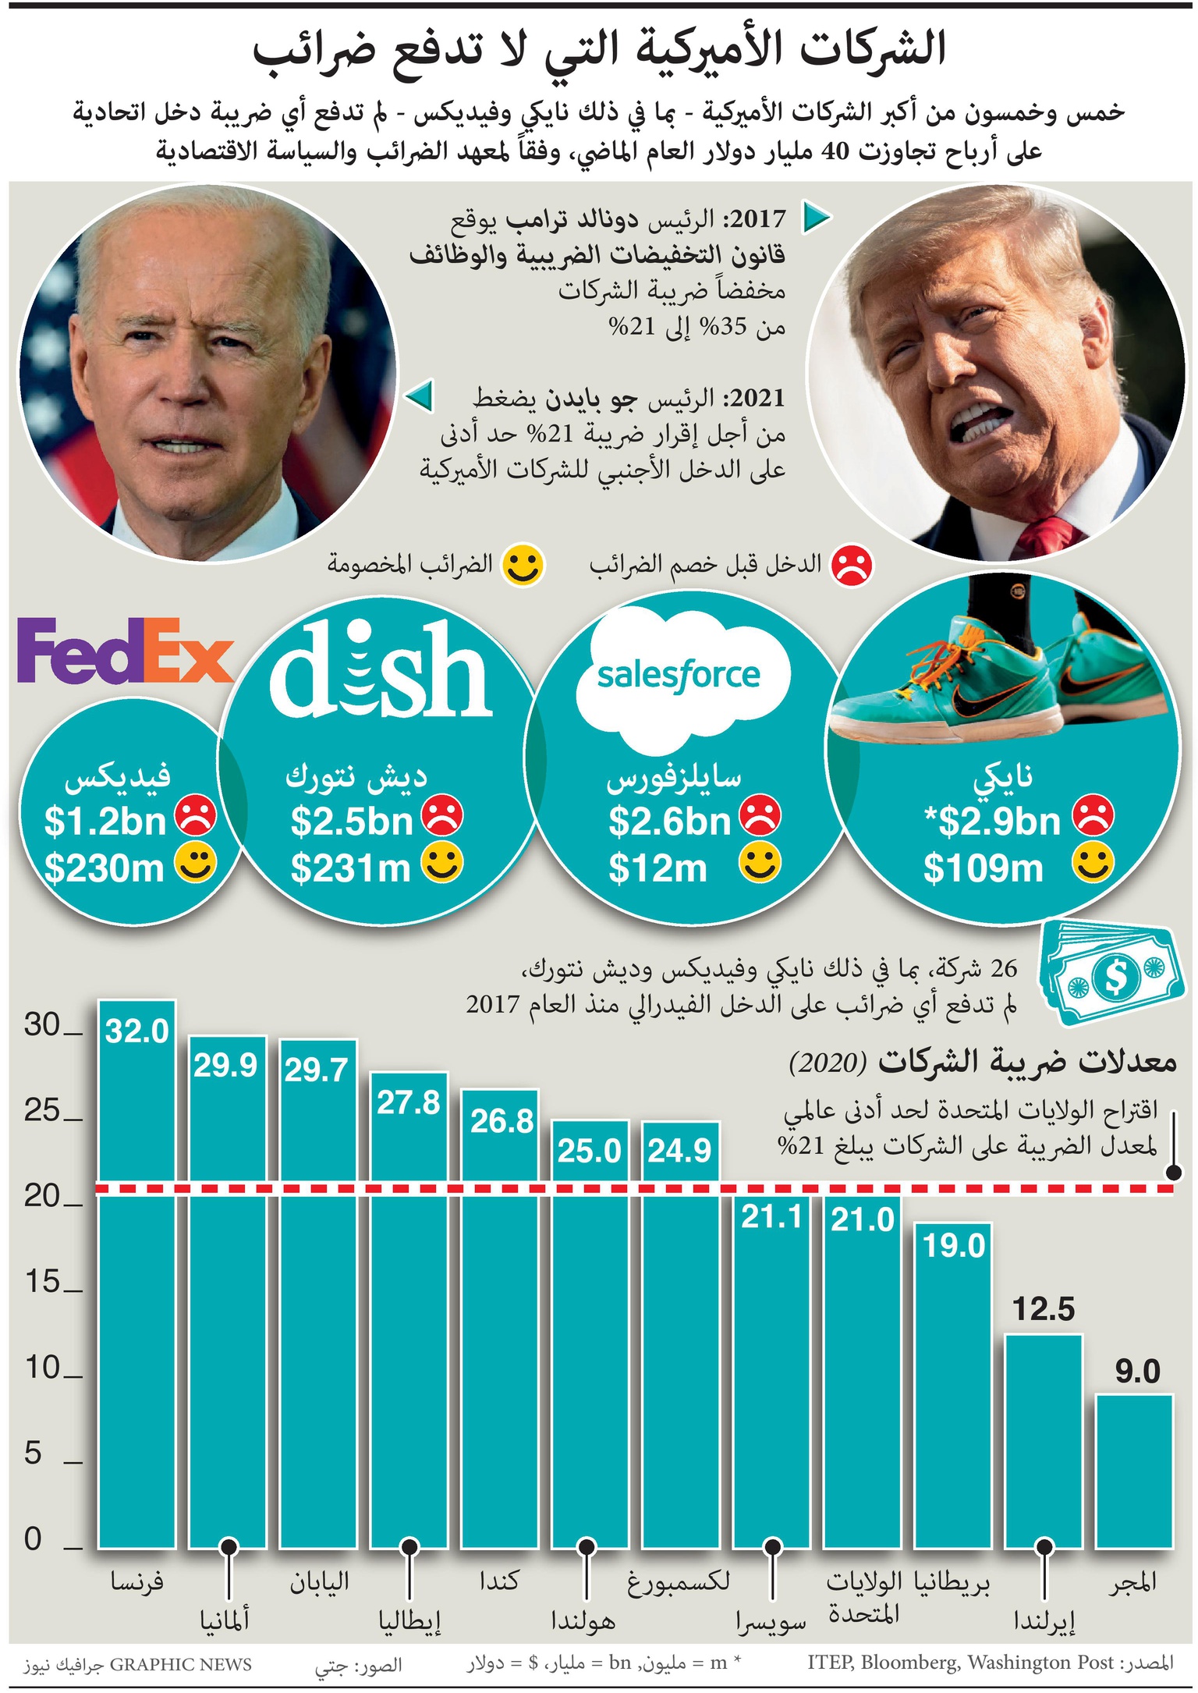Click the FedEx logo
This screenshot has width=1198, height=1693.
[125, 650]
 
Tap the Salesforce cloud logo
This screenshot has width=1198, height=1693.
[679, 676]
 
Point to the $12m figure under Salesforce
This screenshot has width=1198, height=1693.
[657, 868]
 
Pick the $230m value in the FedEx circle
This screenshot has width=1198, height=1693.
[104, 868]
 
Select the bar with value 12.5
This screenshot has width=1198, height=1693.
[1044, 1443]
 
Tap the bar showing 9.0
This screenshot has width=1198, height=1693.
[1134, 1475]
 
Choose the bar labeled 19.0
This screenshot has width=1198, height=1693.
[953, 1389]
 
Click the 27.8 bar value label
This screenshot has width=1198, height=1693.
[408, 1103]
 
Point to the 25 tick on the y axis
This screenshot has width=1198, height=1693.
[43, 1111]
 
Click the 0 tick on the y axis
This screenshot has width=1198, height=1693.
[33, 1539]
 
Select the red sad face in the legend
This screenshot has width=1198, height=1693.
[852, 566]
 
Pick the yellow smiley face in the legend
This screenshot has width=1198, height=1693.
[523, 566]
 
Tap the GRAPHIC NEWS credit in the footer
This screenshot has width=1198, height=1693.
[180, 1664]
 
